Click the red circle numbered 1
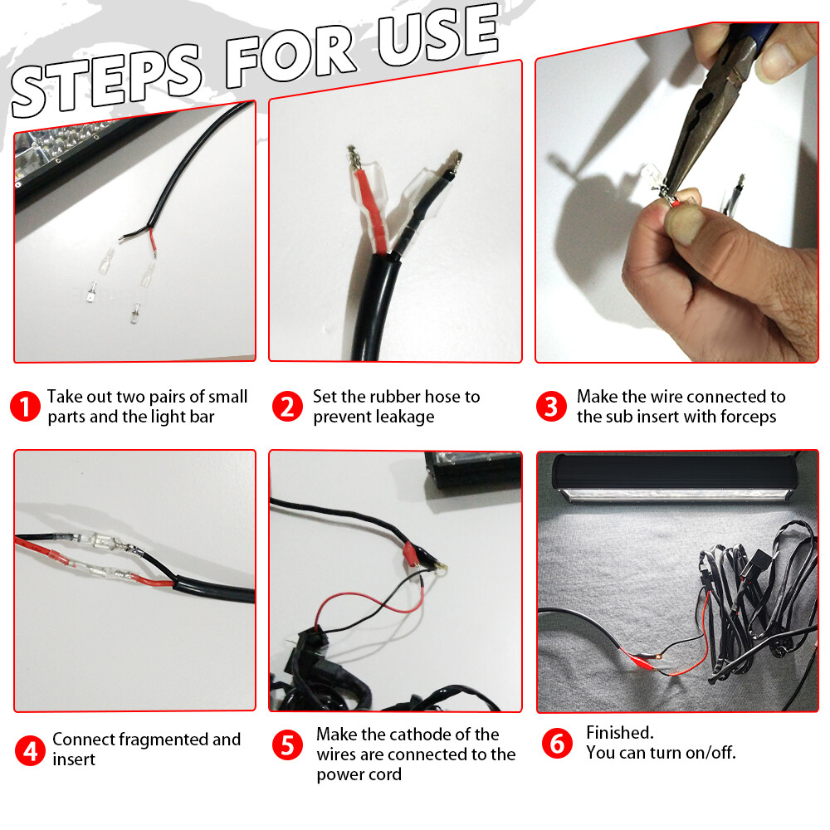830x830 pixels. point(25,407)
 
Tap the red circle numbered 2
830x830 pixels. point(287,407)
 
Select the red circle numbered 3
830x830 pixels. point(551,407)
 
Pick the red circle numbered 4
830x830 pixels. point(30,751)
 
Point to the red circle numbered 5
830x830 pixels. point(287,745)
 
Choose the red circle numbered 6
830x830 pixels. point(557,743)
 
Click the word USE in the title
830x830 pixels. point(437,35)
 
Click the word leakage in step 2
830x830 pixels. point(403,417)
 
